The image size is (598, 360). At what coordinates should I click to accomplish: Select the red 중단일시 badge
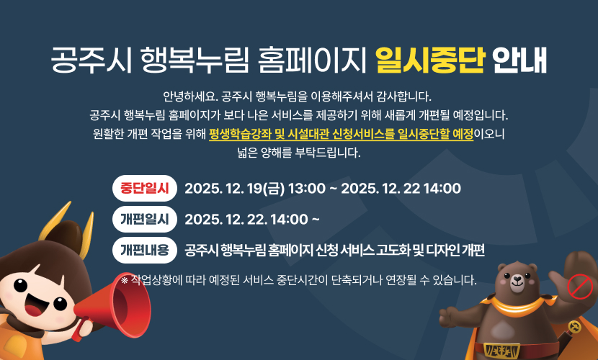click(x=145, y=189)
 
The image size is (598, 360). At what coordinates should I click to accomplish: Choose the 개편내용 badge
click(x=145, y=250)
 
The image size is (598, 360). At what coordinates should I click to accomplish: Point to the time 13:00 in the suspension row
click(x=306, y=189)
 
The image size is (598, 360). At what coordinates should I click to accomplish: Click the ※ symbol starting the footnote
click(x=125, y=279)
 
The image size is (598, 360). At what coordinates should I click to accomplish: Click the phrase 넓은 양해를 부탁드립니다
click(x=298, y=152)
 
